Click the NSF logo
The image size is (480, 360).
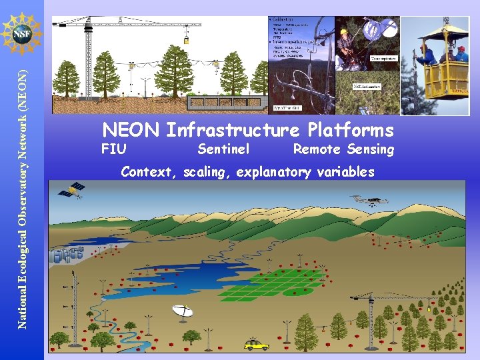tap(22, 32)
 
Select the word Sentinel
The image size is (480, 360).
tap(223, 149)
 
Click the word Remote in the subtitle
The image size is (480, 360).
tap(317, 149)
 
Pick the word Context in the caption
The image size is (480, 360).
tap(147, 172)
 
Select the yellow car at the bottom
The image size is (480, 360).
tap(255, 345)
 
